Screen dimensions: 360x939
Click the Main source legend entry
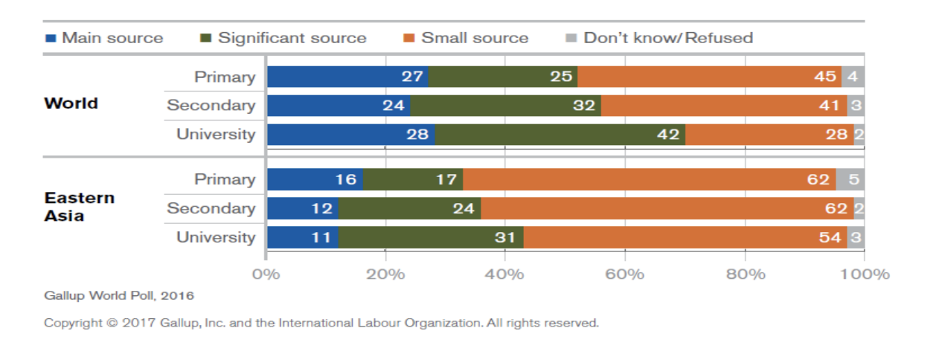pyautogui.click(x=104, y=38)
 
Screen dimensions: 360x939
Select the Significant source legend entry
pyautogui.click(x=283, y=38)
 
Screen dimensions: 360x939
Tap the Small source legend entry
pyautogui.click(x=466, y=38)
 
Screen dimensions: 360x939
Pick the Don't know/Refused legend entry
pyautogui.click(x=659, y=38)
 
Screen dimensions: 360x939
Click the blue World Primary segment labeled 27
pyautogui.click(x=347, y=77)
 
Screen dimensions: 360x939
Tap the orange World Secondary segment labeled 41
pyautogui.click(x=723, y=106)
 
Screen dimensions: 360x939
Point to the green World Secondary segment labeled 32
pyautogui.click(x=506, y=106)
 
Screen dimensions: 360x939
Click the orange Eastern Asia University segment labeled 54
pyautogui.click(x=685, y=238)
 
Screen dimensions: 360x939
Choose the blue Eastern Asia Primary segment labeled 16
pyautogui.click(x=315, y=180)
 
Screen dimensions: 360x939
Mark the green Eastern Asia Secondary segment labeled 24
pyautogui.click(x=409, y=209)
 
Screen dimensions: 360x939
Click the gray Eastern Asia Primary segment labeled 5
pyautogui.click(x=850, y=180)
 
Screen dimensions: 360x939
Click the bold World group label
pyautogui.click(x=71, y=103)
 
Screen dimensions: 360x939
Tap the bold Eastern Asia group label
pyautogui.click(x=79, y=207)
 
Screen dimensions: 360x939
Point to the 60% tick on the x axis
pyautogui.click(x=625, y=274)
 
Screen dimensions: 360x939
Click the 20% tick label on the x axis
pyautogui.click(x=385, y=274)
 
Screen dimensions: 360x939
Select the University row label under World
pyautogui.click(x=216, y=135)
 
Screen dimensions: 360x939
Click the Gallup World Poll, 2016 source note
pyautogui.click(x=119, y=296)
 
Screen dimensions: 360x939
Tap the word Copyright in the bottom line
pyautogui.click(x=71, y=324)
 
